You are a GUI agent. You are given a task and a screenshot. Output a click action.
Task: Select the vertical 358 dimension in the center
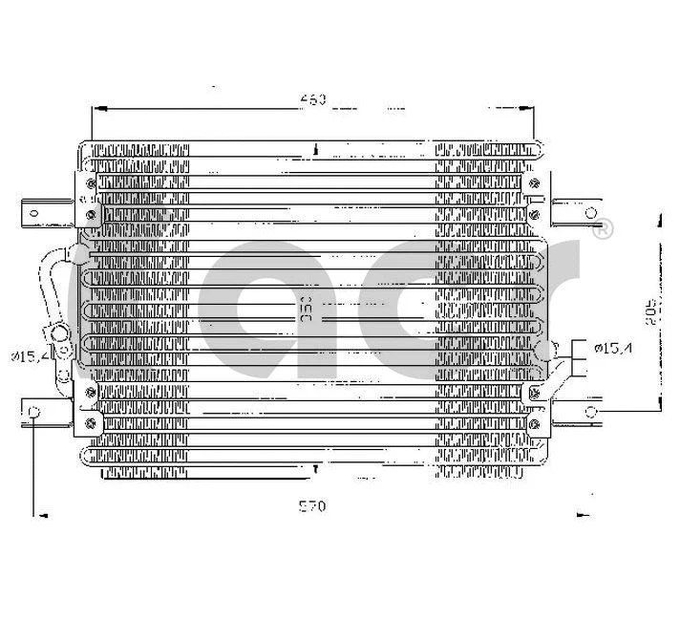(308, 311)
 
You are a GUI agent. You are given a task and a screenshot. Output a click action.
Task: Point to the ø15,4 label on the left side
(29, 356)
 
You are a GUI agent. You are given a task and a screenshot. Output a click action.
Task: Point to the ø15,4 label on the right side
(612, 348)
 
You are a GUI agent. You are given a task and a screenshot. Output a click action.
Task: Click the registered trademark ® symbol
(603, 230)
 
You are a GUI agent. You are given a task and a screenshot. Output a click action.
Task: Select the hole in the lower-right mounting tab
(590, 412)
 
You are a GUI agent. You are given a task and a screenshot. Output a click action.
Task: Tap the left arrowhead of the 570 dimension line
(39, 515)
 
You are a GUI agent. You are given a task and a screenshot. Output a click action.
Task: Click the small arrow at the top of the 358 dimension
(315, 149)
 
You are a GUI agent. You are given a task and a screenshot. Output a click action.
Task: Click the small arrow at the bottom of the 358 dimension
(315, 467)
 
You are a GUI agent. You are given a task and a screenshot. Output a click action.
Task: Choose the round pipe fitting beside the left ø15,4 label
(59, 337)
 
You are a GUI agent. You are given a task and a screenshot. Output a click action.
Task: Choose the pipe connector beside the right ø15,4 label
(546, 352)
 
